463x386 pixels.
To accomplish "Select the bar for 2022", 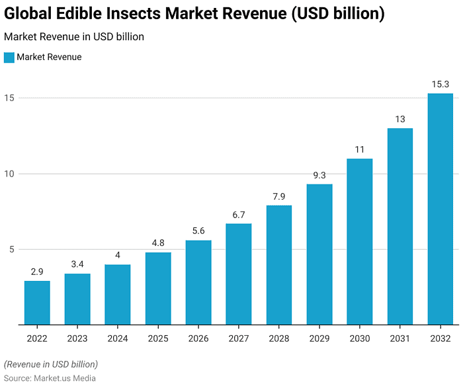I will [37, 303].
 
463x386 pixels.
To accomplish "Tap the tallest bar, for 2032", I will [440, 209].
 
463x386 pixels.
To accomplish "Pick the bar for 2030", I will [359, 241].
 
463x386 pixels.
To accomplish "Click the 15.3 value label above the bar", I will [440, 84].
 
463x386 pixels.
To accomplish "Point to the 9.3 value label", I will [319, 175].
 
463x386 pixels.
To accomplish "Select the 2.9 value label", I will [37, 272].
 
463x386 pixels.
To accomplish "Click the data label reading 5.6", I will [198, 231].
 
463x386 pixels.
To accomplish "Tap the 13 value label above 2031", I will [400, 119].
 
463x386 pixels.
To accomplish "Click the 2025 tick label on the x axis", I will [158, 338].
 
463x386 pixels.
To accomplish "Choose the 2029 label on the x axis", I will [319, 338].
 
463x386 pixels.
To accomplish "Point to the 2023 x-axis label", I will [77, 338].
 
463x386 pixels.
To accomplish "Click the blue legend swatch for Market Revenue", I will [9, 58].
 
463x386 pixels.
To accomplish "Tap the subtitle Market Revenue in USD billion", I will [73, 37].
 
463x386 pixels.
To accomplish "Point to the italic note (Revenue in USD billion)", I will [50, 364].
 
